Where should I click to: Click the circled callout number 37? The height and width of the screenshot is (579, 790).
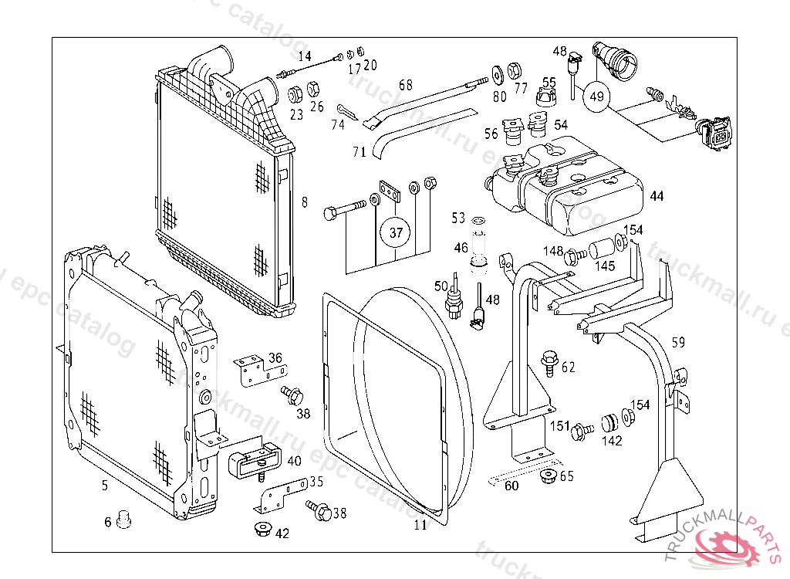point(395,232)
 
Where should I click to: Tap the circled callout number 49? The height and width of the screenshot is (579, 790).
point(596,96)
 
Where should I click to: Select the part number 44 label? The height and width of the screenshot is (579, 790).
point(657,196)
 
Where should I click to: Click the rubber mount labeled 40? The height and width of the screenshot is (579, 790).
point(253,462)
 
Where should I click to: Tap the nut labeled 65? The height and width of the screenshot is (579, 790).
point(549,476)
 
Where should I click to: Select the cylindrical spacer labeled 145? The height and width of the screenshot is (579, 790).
point(601,250)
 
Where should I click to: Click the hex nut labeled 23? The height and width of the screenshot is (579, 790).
point(295,95)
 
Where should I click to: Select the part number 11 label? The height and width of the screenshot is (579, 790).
point(420,525)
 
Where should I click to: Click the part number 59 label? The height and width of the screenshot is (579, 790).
point(678,342)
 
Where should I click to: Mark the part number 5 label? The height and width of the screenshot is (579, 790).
point(105,486)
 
